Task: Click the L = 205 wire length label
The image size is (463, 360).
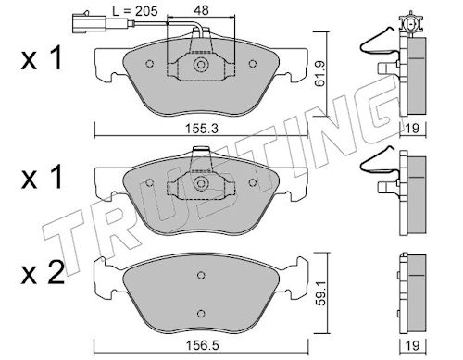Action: click(134, 11)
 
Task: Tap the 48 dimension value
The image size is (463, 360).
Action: click(201, 10)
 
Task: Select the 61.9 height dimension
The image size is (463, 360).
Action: click(320, 74)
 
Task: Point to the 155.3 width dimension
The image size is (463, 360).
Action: click(201, 129)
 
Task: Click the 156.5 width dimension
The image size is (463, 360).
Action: click(201, 345)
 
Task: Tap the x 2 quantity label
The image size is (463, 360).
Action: click(43, 272)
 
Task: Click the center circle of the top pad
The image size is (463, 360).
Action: click(201, 65)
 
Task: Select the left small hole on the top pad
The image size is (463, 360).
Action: click(150, 64)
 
